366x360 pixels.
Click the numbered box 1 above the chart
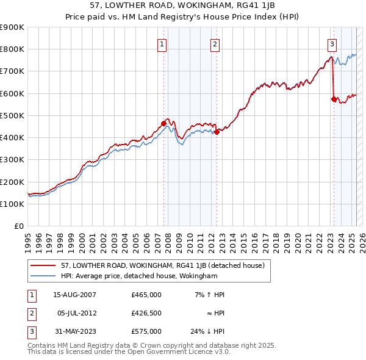point(162,43)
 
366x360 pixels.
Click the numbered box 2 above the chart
point(215,43)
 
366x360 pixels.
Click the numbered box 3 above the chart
point(332,43)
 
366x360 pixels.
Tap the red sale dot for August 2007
point(163,123)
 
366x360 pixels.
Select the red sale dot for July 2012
point(217,132)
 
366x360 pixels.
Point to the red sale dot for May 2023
point(334,99)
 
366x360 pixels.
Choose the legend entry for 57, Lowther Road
point(162,266)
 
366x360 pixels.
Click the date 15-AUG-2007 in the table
point(74,295)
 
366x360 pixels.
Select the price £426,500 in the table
point(146,313)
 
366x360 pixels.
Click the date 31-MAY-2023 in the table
point(74,331)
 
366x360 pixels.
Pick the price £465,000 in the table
point(146,295)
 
